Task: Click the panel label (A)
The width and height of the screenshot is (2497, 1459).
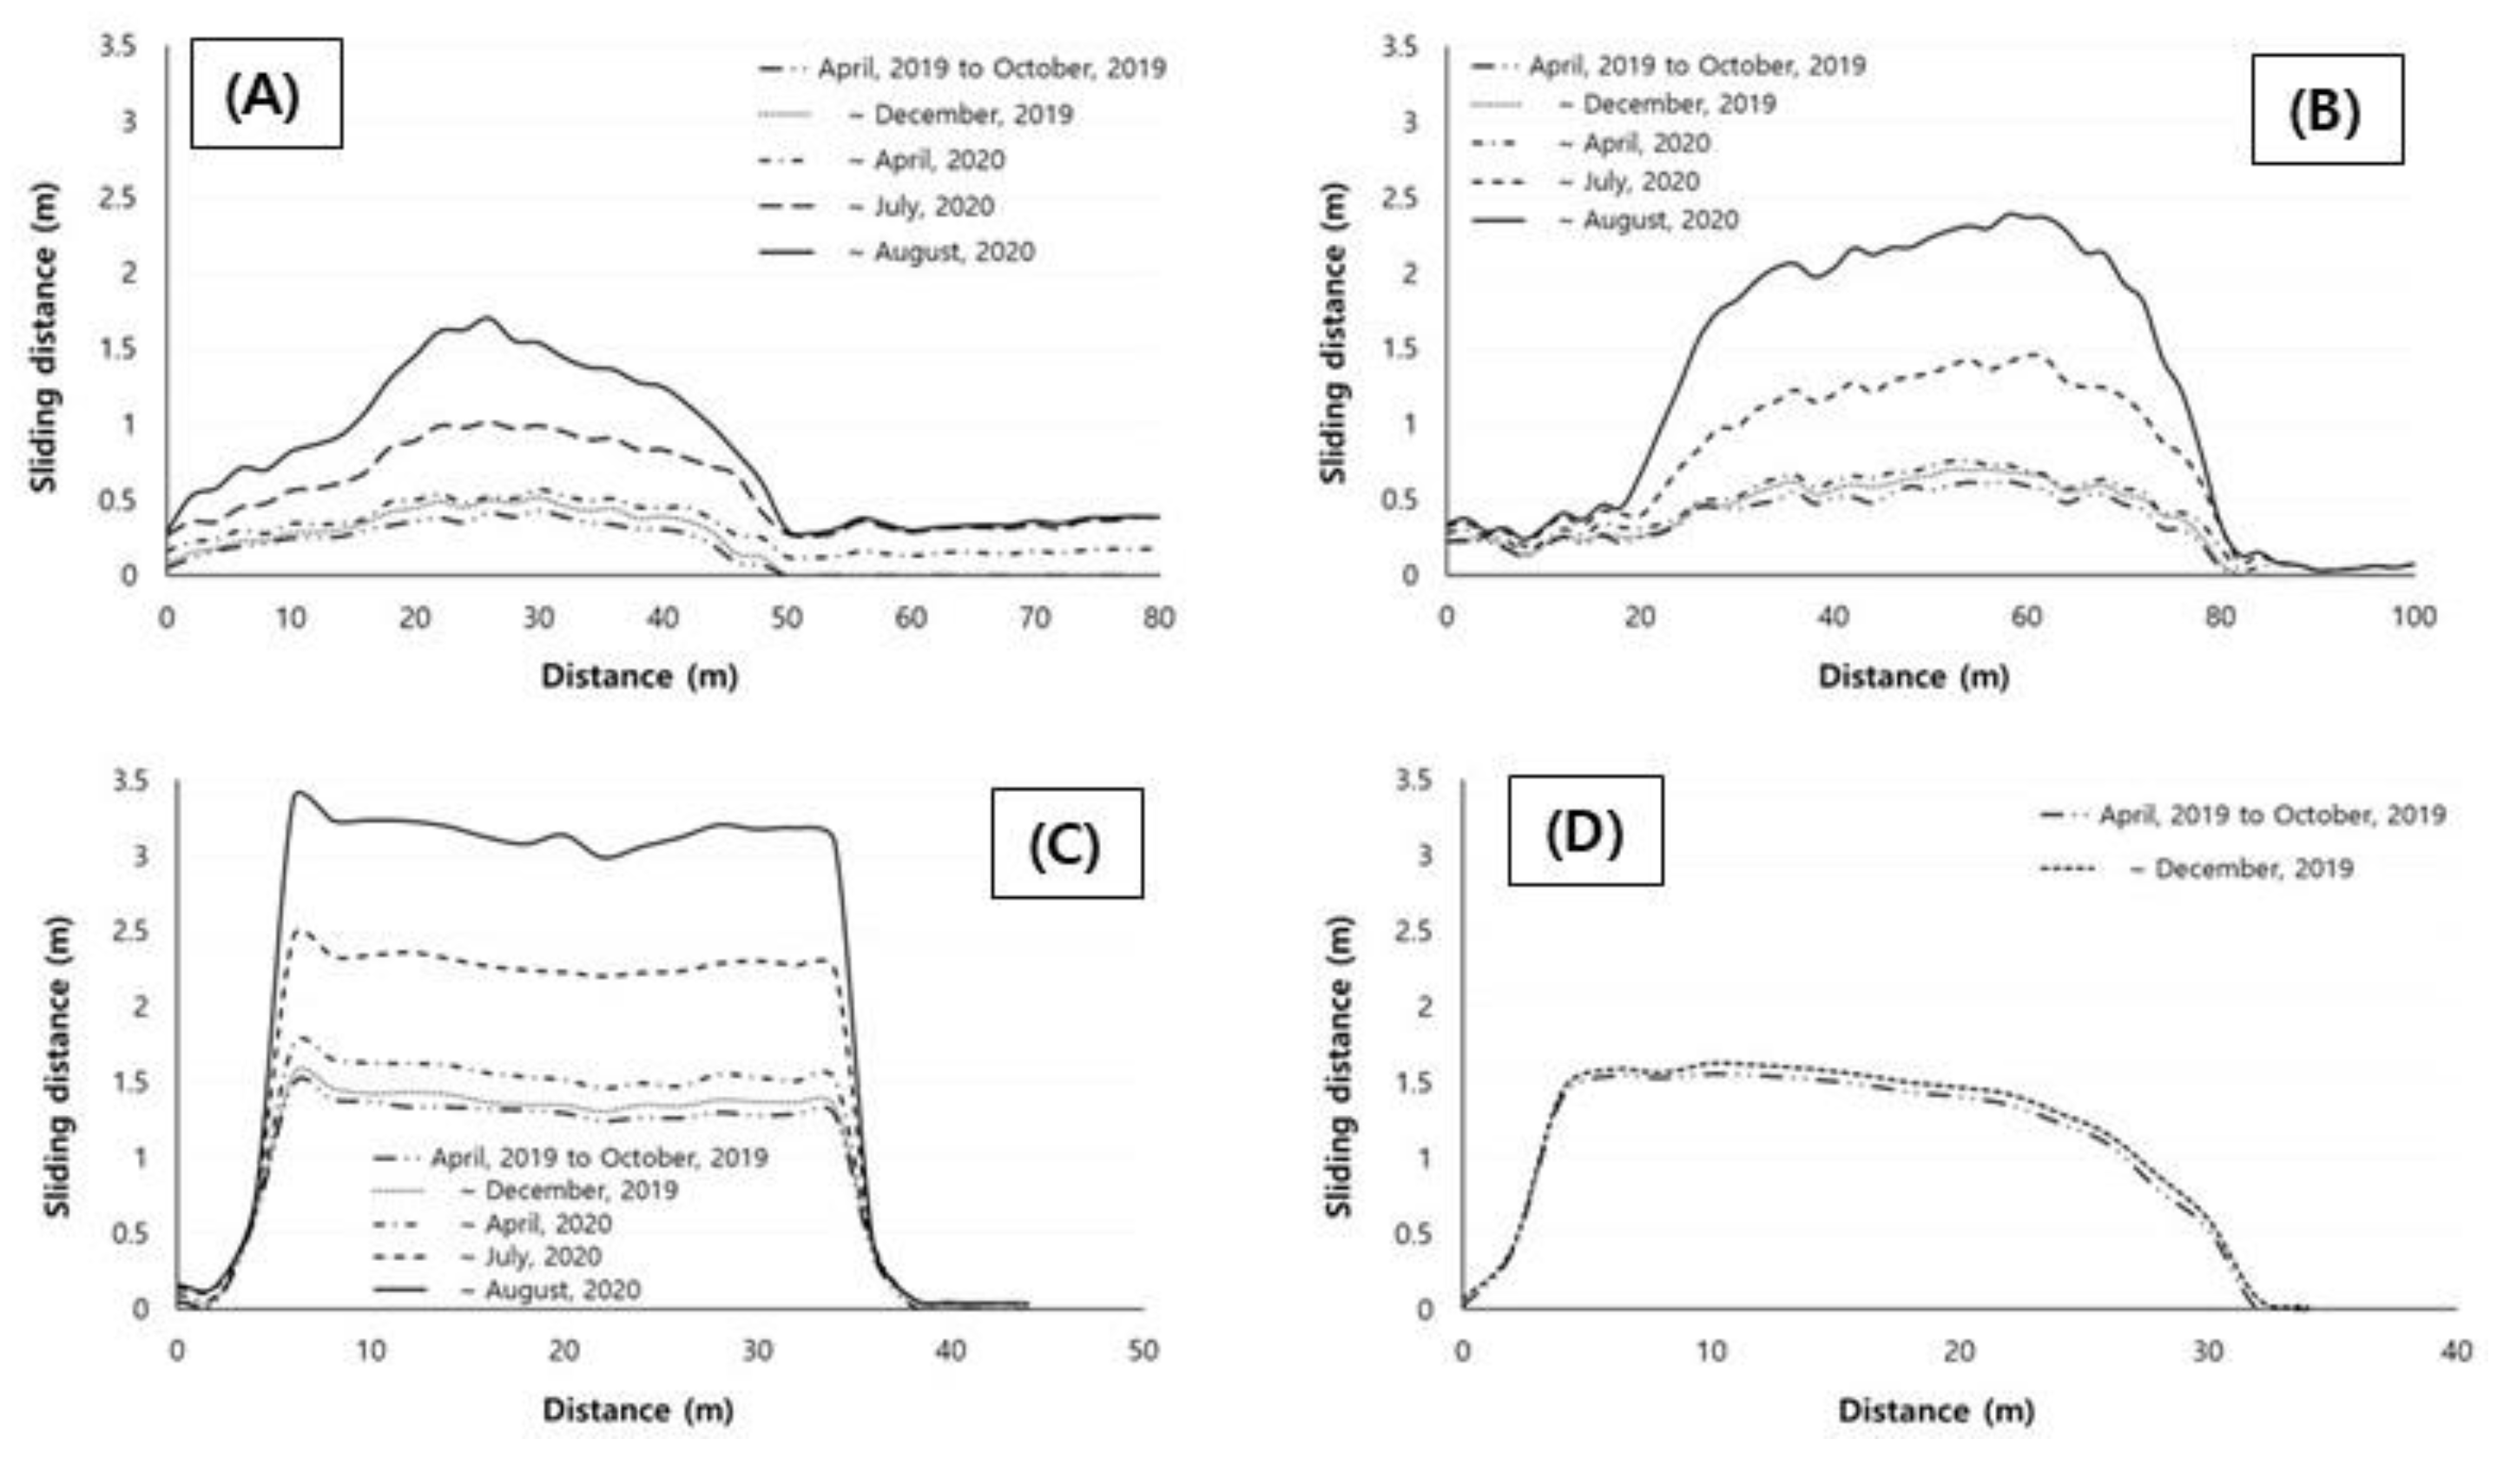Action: click(x=266, y=94)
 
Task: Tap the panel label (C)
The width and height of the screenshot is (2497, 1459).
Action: click(x=1066, y=843)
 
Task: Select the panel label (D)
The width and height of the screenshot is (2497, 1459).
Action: click(x=1585, y=829)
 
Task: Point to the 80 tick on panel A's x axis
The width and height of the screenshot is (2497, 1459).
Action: click(x=1158, y=618)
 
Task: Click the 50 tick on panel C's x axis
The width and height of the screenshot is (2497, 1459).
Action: click(x=1143, y=1350)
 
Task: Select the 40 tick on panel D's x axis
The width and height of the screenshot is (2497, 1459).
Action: click(x=2456, y=1350)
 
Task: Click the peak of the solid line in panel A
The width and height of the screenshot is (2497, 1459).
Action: click(x=486, y=318)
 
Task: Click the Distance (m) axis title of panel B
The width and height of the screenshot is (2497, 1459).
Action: click(x=1913, y=677)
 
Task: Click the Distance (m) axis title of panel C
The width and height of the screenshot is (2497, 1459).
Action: click(x=638, y=1409)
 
